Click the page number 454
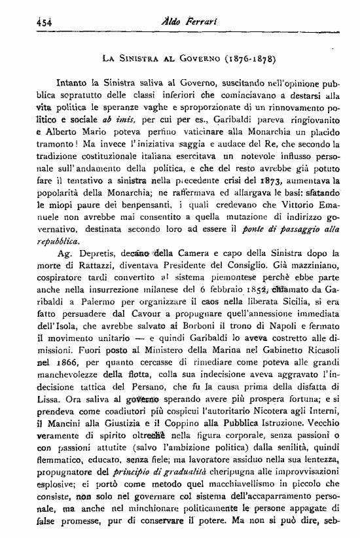point(26,20)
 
